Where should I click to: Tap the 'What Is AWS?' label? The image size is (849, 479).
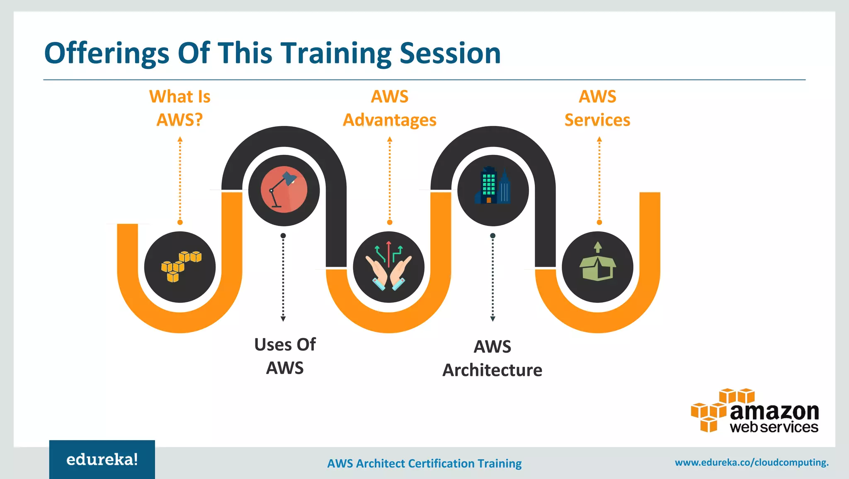pos(180,108)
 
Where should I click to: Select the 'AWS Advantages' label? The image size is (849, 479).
pos(389,108)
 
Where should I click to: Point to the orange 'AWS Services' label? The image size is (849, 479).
pos(597,108)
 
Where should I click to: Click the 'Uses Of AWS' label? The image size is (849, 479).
pos(285,356)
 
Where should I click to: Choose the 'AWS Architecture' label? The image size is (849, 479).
pos(492,358)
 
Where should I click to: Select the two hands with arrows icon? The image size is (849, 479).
pos(388,266)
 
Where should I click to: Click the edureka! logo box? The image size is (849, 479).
pos(102,459)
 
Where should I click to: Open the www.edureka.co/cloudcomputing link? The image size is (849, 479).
pos(752,462)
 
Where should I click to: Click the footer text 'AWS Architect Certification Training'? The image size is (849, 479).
pos(424,463)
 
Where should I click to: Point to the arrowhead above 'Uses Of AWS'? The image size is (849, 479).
pos(283,319)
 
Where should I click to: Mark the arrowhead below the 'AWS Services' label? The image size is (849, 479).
pos(599,140)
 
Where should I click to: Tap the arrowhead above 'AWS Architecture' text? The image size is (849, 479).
pos(492,319)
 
